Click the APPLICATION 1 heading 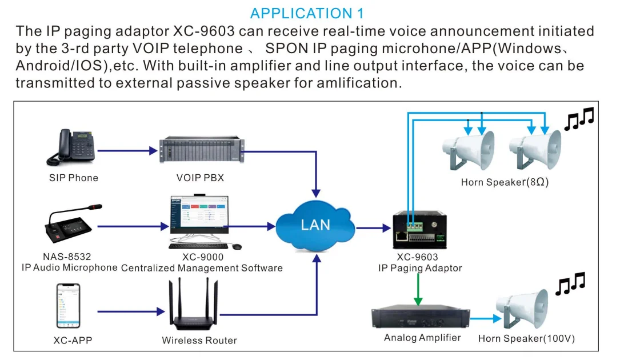307,13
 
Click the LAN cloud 315,225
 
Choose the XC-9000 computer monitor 198,217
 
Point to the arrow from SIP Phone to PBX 127,151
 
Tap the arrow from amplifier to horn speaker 483,317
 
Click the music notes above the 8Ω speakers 578,118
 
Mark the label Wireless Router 199,341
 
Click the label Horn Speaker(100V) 526,339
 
